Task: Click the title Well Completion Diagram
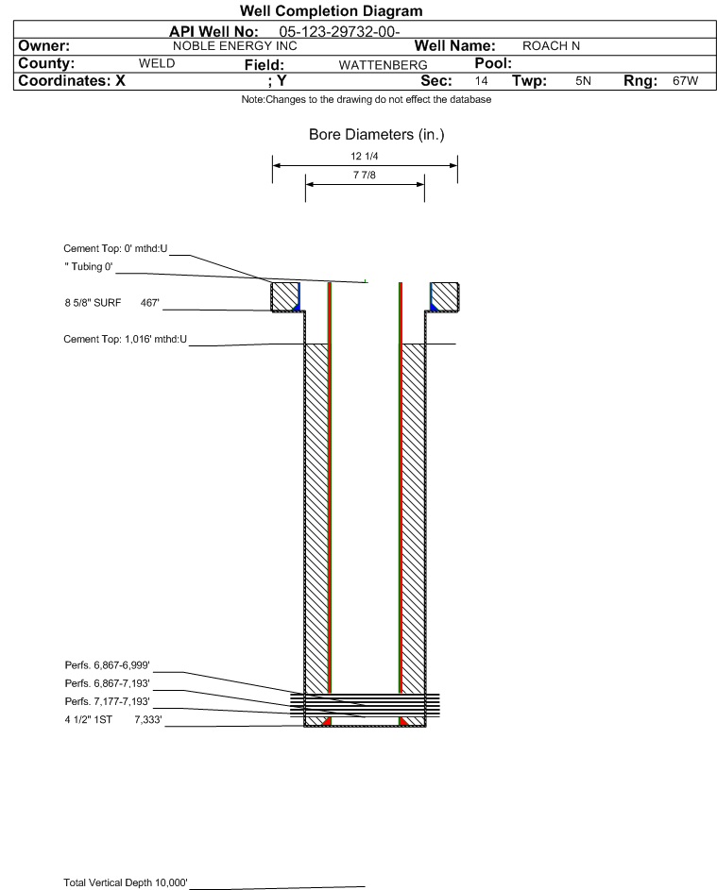point(331,10)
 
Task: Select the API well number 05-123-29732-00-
point(340,32)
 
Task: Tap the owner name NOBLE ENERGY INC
point(234,46)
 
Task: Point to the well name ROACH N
point(551,46)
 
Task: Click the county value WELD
point(157,63)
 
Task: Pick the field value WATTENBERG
point(383,65)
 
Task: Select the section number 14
point(481,80)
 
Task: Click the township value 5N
point(583,80)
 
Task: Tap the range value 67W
point(685,80)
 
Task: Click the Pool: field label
point(493,63)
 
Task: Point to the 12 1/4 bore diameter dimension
point(365,156)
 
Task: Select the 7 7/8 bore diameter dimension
point(365,175)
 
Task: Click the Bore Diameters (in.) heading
point(377,135)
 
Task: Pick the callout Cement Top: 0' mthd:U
point(115,248)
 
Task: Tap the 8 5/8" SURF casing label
point(93,303)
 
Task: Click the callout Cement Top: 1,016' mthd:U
point(125,340)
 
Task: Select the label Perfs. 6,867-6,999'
point(108,665)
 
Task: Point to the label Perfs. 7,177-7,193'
point(108,701)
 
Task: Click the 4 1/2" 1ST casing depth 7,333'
point(148,720)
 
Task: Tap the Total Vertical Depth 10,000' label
point(126,882)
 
